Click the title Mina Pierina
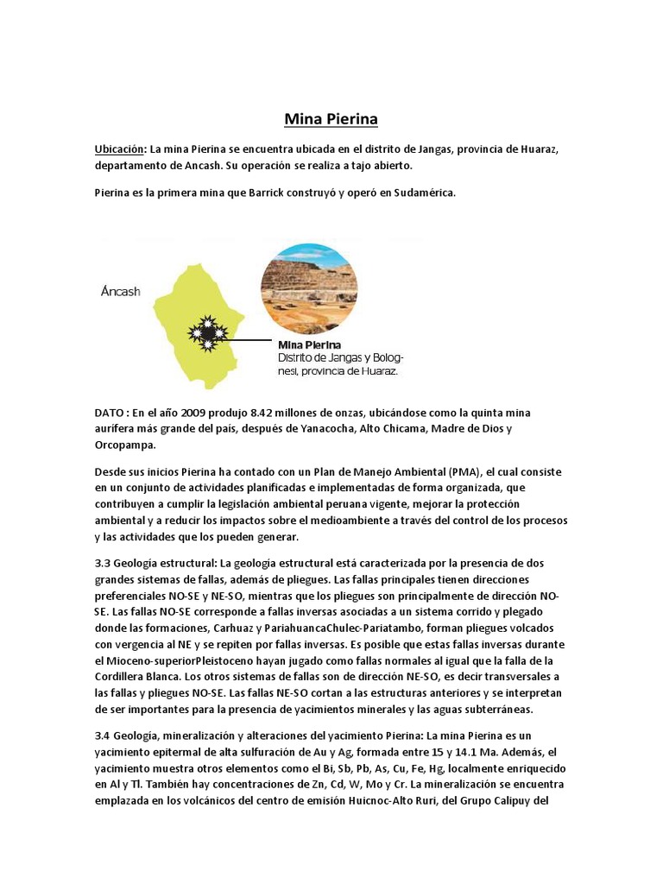pyautogui.click(x=331, y=117)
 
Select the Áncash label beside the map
pyautogui.click(x=120, y=292)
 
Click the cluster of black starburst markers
pyautogui.click(x=208, y=331)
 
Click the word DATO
pyautogui.click(x=110, y=414)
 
